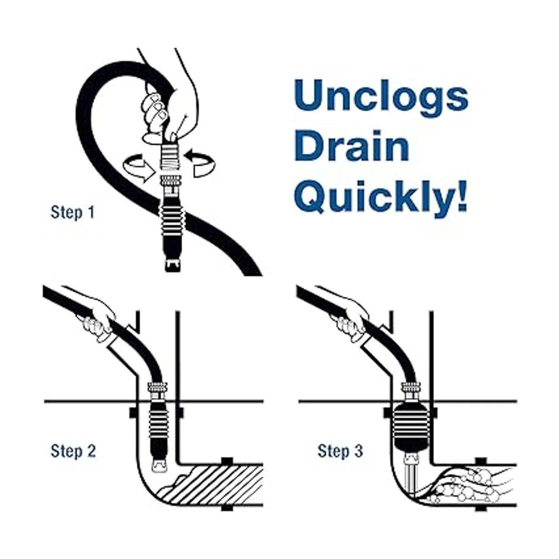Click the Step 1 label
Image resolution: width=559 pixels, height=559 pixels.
[73, 212]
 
